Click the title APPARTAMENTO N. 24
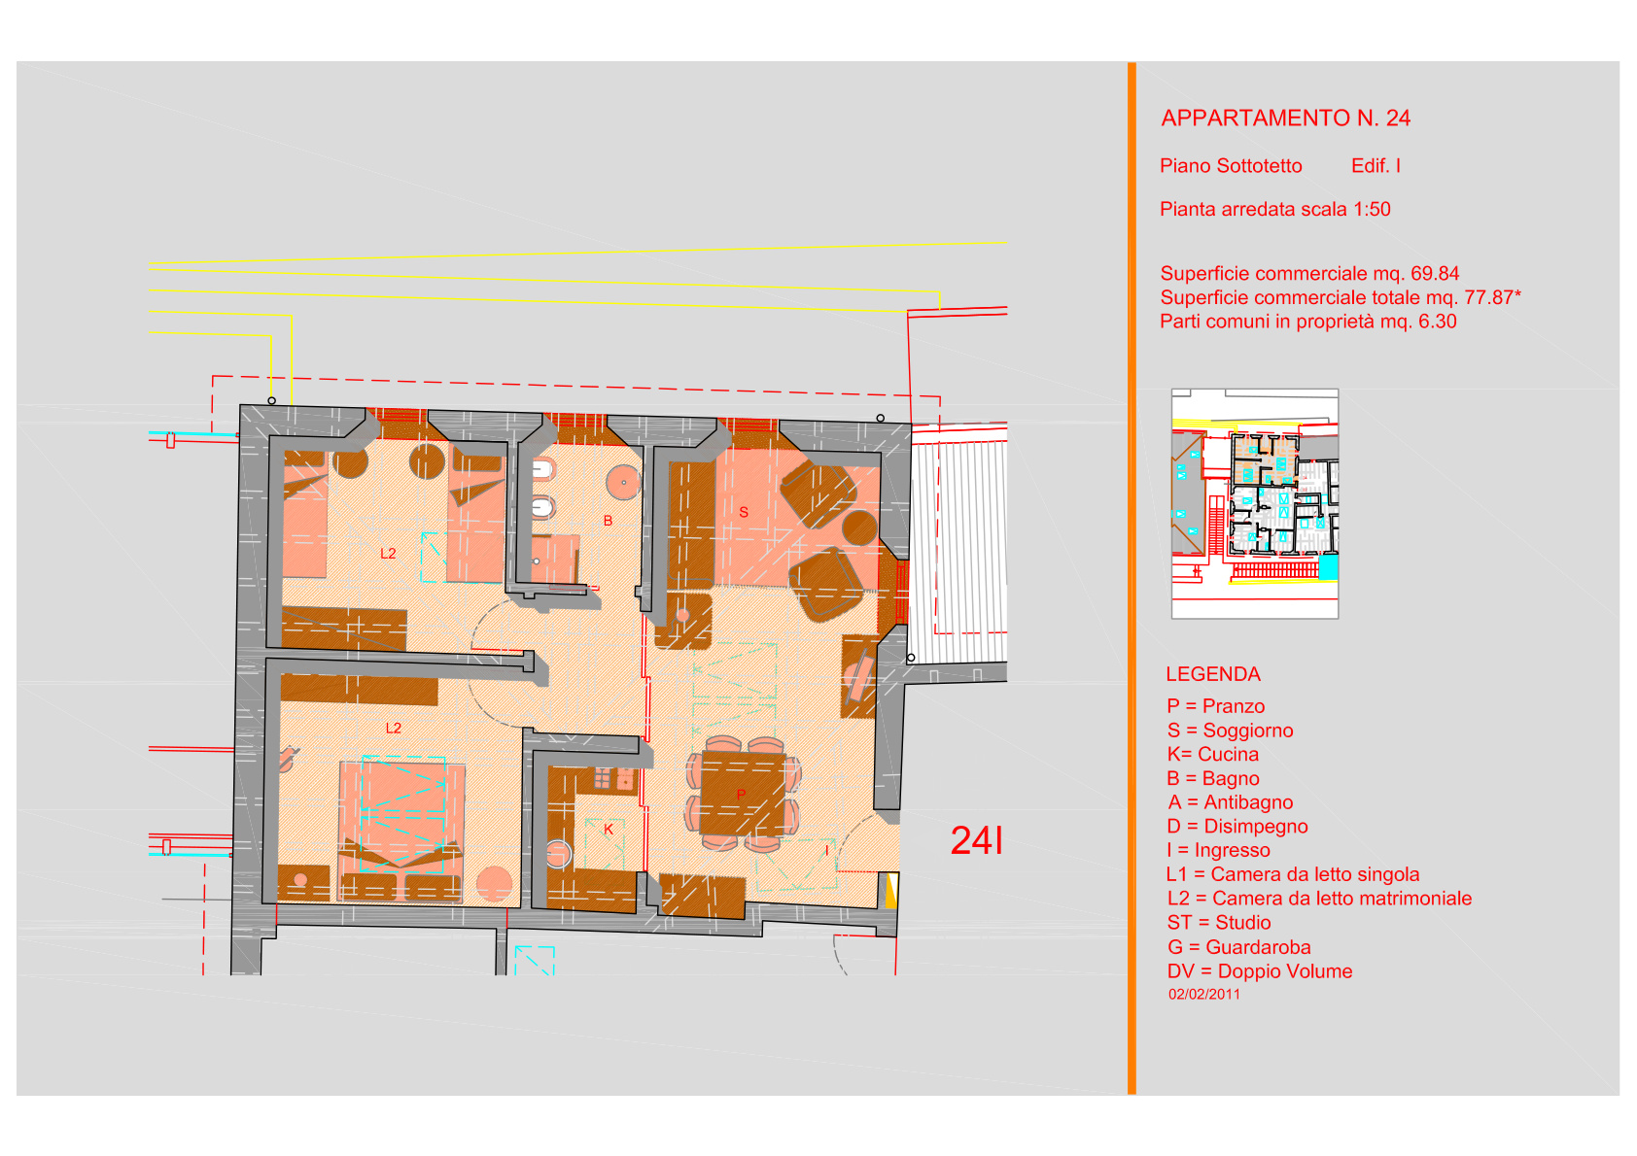click(x=1285, y=119)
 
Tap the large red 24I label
click(x=976, y=840)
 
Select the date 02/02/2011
click(x=1204, y=994)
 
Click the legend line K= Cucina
click(x=1212, y=755)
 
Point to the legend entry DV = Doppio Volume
click(x=1260, y=971)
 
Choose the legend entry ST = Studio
click(x=1219, y=922)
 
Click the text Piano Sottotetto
click(x=1231, y=166)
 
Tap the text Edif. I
click(x=1376, y=166)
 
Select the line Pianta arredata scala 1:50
click(x=1275, y=210)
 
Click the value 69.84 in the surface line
click(x=1435, y=274)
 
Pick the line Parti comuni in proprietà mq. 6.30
click(x=1308, y=323)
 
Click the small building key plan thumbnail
click(x=1255, y=504)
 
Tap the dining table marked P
click(x=743, y=794)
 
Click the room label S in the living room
click(x=744, y=513)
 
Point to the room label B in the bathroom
click(x=608, y=522)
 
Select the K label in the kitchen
click(x=608, y=830)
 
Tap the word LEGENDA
click(x=1213, y=675)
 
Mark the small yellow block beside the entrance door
click(x=890, y=891)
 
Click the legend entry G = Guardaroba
click(x=1238, y=947)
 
